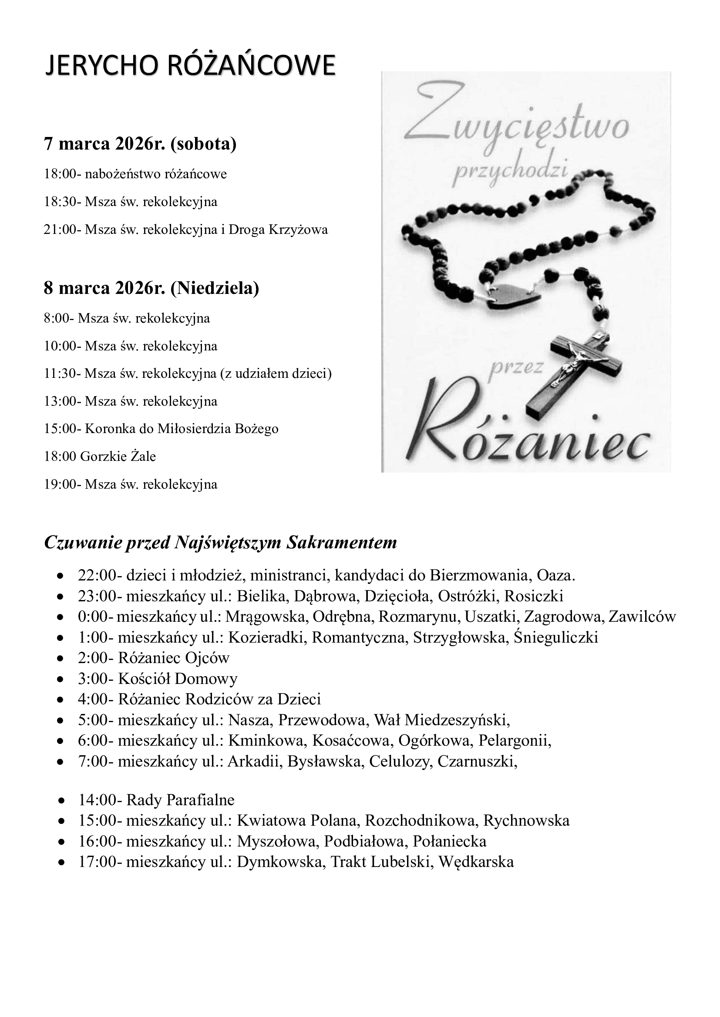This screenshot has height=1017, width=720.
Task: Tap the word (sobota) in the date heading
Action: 203,144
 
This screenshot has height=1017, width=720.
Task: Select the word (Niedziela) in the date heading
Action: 215,288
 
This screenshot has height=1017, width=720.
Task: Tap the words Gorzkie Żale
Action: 118,457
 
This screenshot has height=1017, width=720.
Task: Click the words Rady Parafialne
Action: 180,800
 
